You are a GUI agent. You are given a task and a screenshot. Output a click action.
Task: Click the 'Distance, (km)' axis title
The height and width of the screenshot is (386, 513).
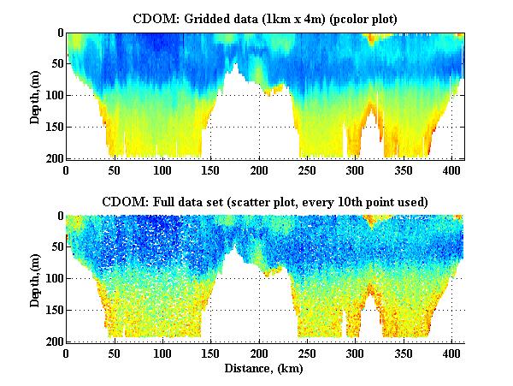click(x=265, y=369)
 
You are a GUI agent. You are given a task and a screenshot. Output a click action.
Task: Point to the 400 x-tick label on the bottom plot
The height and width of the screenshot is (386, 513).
click(x=343, y=353)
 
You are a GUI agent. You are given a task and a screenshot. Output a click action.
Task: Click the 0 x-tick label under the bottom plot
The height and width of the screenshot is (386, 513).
click(x=66, y=353)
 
